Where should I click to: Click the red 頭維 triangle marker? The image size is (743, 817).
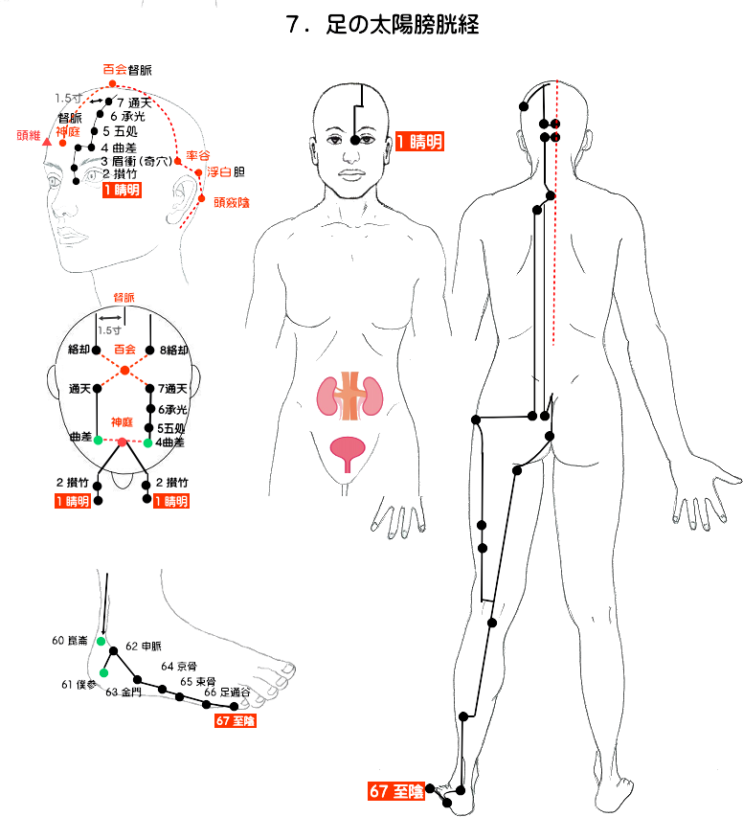point(47,142)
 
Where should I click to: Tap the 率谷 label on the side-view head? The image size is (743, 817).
point(198,154)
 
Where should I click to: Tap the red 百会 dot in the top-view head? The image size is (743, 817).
point(124,371)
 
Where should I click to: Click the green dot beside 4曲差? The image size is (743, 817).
point(147,443)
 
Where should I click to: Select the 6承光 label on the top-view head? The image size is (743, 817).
point(171,409)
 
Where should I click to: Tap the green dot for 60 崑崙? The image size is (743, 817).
point(101,641)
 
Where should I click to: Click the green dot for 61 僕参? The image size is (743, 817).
point(103,672)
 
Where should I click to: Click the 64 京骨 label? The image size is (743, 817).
point(179,666)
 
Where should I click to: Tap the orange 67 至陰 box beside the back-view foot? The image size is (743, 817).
point(394,791)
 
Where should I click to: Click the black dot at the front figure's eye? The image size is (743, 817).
point(355,140)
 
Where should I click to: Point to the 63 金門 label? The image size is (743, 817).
point(124,692)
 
